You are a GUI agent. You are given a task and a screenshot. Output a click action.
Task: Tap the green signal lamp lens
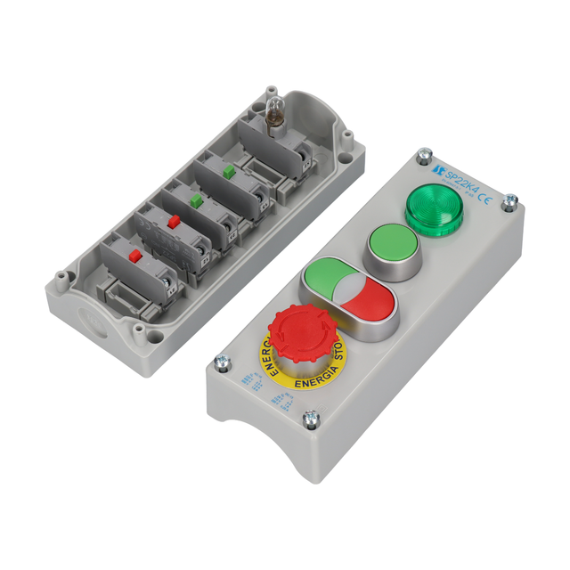click(432, 208)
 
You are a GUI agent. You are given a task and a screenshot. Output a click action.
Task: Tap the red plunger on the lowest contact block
click(134, 256)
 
